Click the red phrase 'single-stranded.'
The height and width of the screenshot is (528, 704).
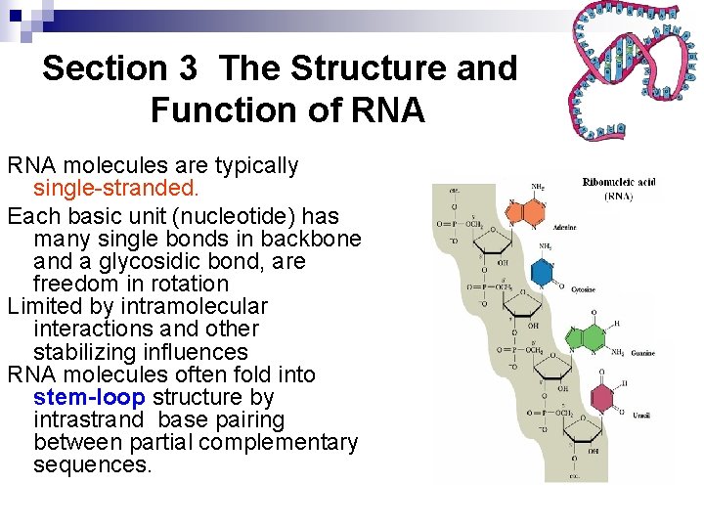click(x=115, y=188)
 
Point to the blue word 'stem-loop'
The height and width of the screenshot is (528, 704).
click(x=89, y=397)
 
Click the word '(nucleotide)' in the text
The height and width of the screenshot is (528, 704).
click(x=208, y=216)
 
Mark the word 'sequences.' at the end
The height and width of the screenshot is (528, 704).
click(x=93, y=464)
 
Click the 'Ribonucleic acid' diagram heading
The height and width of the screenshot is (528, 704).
click(x=617, y=182)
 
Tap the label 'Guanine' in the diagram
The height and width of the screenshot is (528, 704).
click(x=640, y=353)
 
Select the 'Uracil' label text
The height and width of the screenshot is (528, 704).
click(x=640, y=416)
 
